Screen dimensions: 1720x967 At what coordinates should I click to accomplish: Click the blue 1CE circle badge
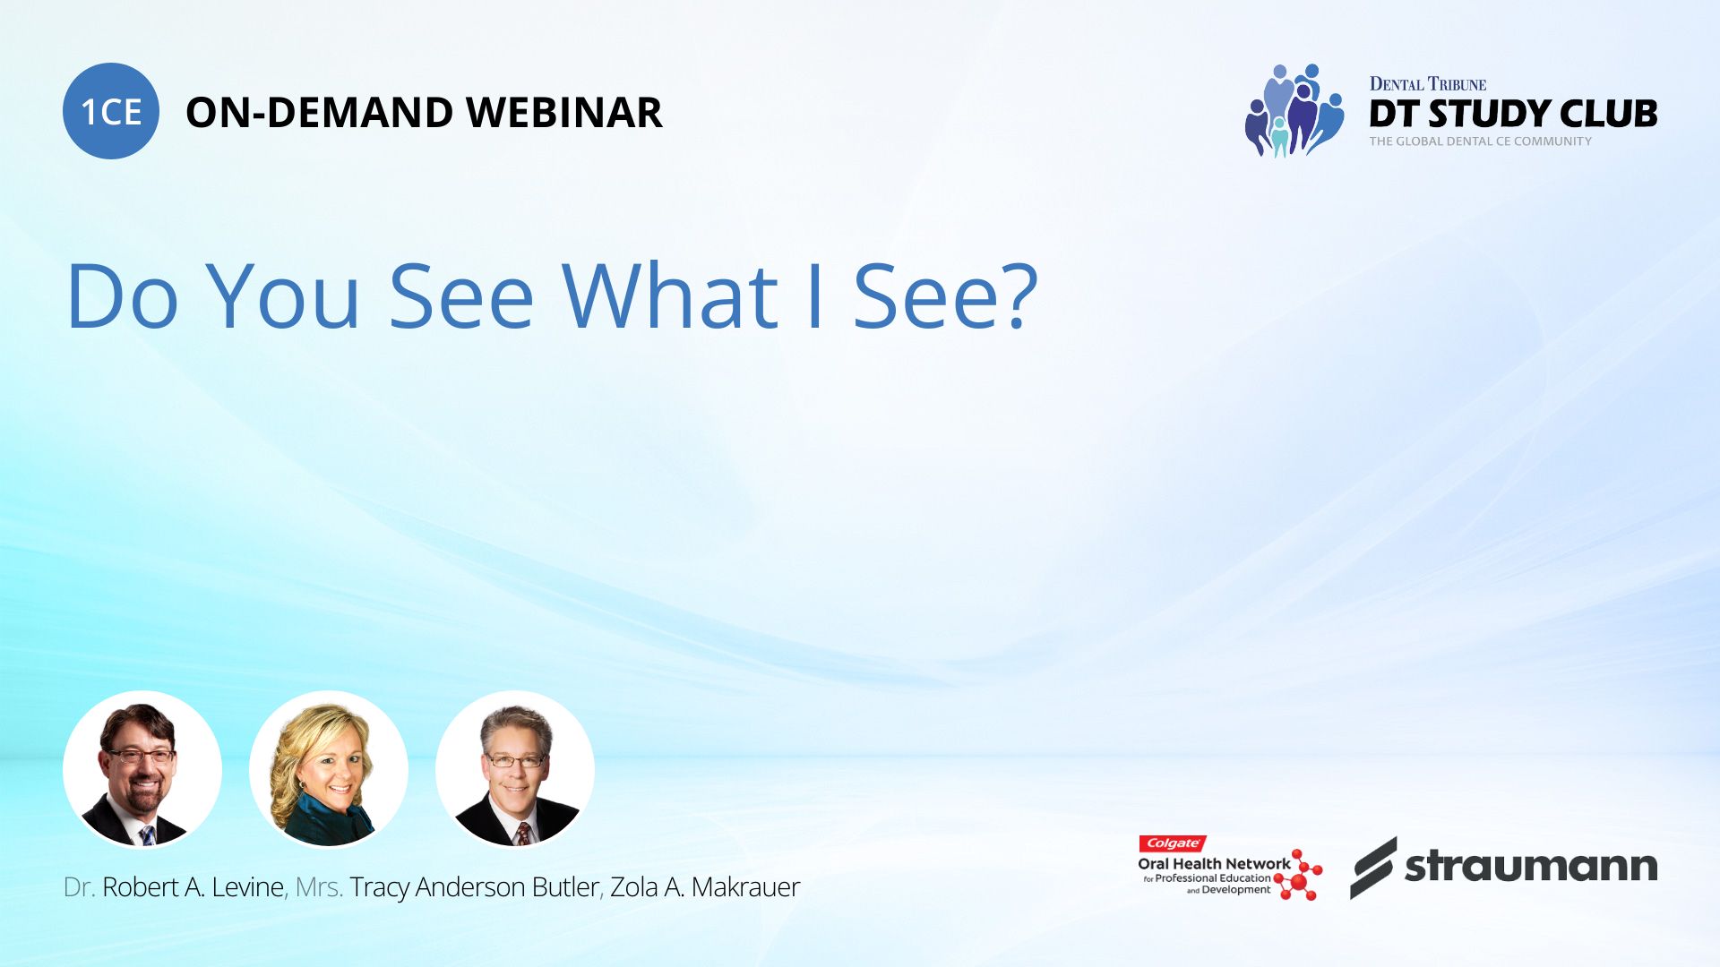tap(111, 111)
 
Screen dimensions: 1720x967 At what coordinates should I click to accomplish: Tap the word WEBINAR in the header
tap(563, 113)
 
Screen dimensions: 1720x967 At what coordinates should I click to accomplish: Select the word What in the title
tap(670, 295)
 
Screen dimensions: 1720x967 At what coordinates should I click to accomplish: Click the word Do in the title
tap(123, 295)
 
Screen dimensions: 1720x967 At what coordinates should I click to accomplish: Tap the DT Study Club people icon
tap(1294, 110)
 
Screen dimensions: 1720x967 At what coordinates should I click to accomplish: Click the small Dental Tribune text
tap(1428, 84)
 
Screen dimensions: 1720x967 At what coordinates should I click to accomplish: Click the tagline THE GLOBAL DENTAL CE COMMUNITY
tap(1481, 141)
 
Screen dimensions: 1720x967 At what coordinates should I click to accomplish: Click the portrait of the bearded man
tap(142, 769)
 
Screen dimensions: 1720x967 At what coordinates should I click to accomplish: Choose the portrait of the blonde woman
tap(329, 769)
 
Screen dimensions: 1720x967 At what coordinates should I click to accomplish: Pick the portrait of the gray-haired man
tap(515, 769)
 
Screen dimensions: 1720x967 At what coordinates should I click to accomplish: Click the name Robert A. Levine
tap(193, 887)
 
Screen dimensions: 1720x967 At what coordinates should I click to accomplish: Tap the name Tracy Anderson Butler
tap(474, 887)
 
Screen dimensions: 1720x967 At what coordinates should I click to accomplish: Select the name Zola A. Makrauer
tap(705, 887)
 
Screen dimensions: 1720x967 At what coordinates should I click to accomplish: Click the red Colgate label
tap(1173, 843)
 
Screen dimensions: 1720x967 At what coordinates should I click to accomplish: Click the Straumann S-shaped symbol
tap(1373, 868)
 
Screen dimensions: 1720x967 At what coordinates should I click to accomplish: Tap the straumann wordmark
tap(1531, 867)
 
